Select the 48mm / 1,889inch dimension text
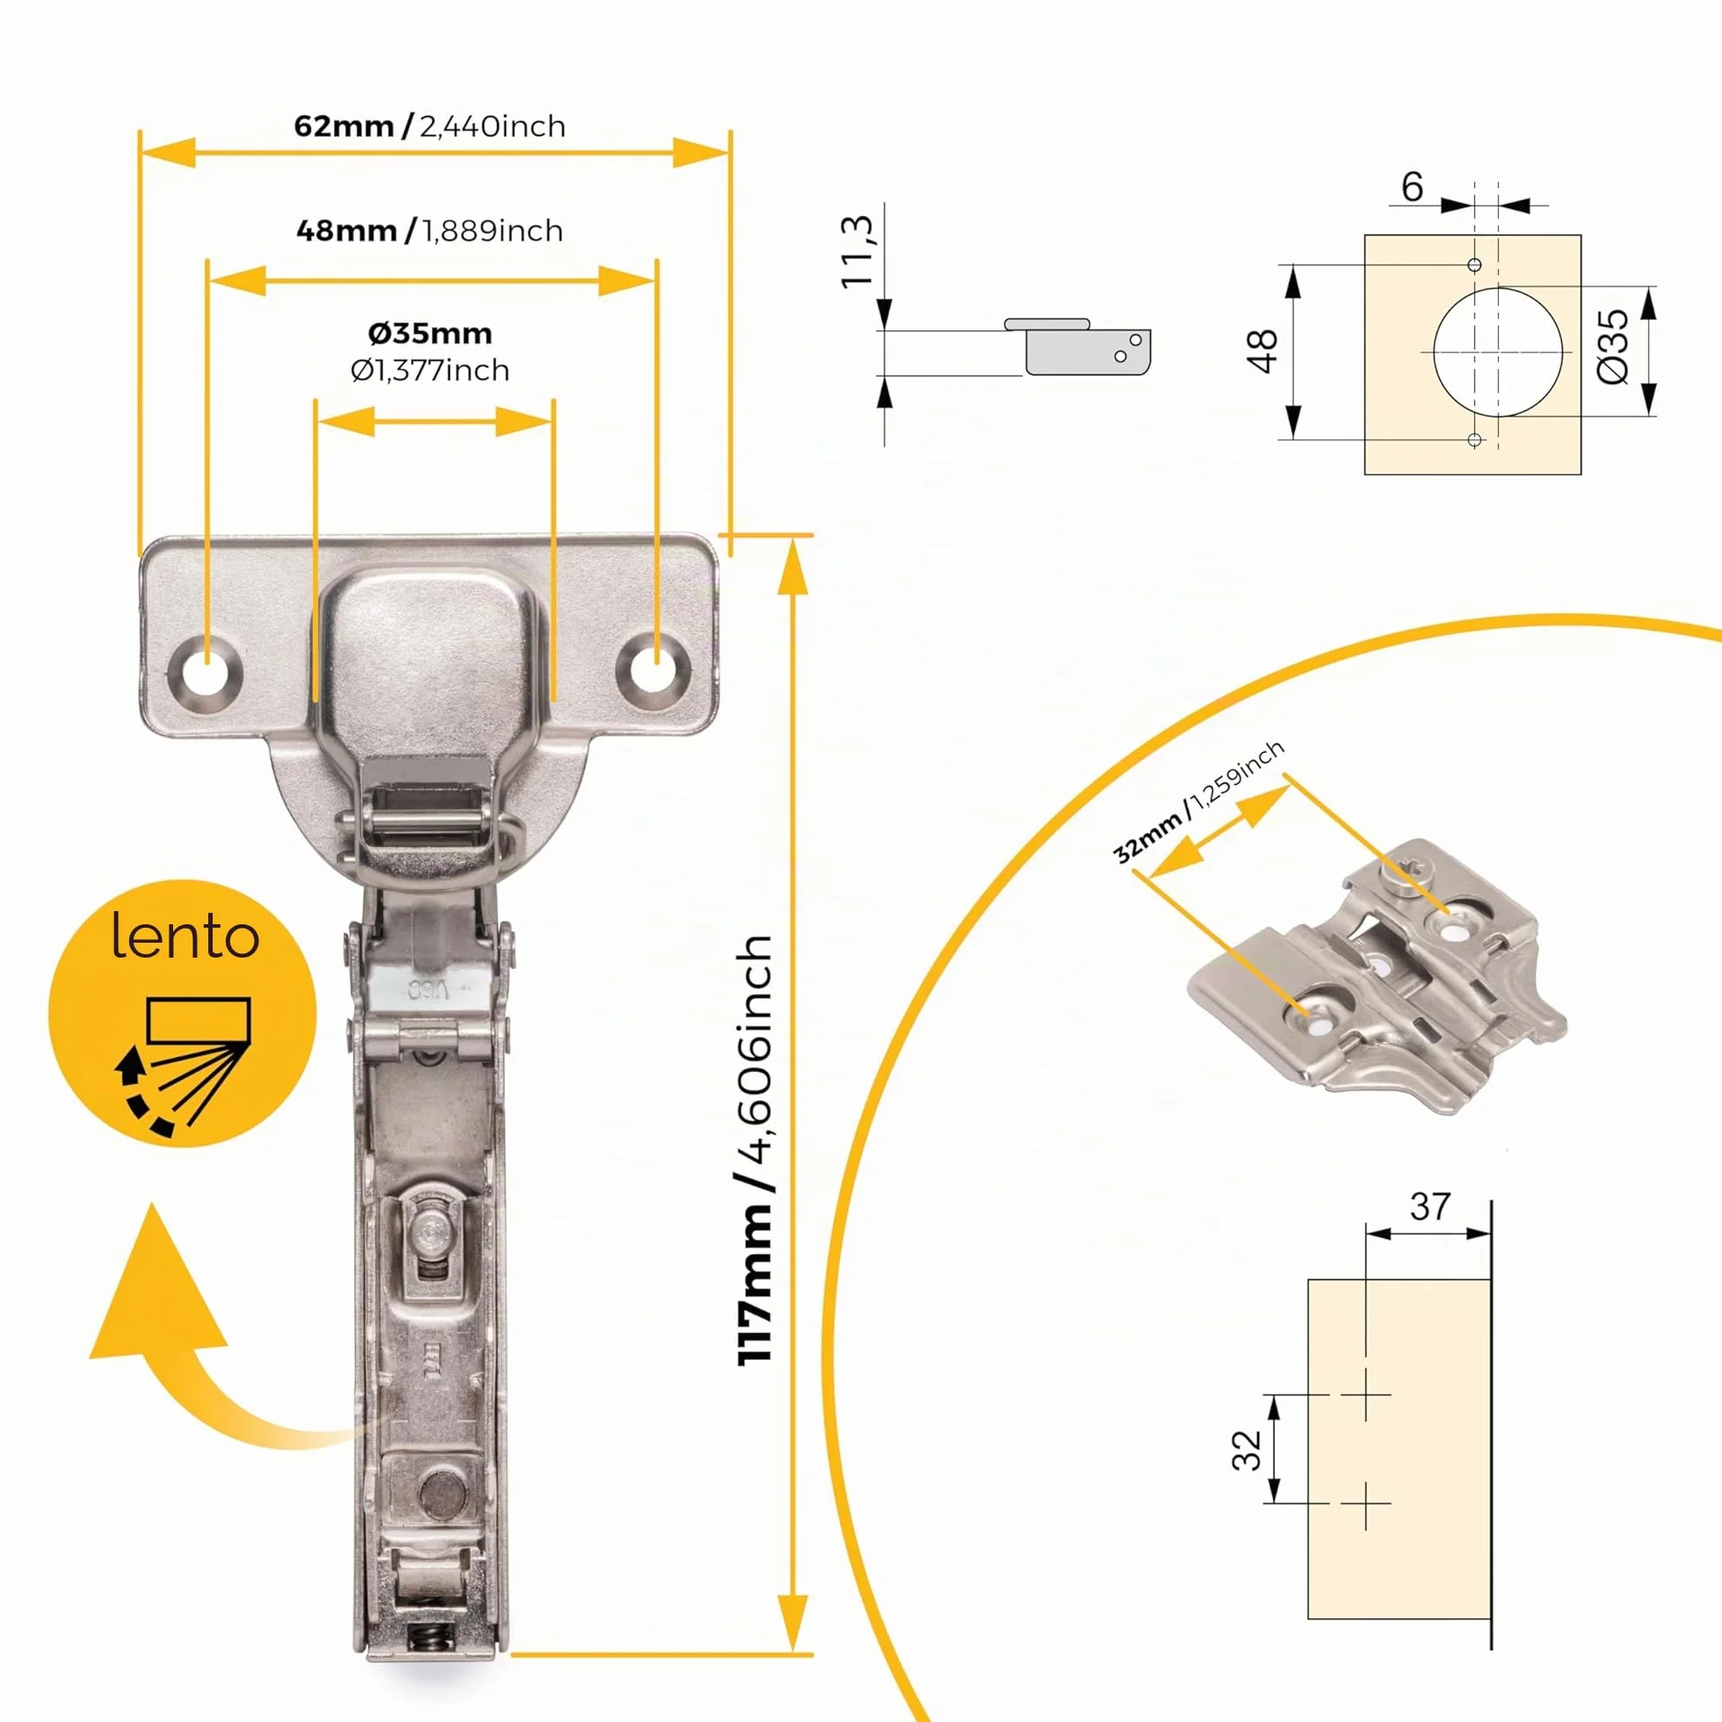pyautogui.click(x=430, y=230)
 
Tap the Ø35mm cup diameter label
pyautogui.click(x=430, y=332)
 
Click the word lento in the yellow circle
pyautogui.click(x=185, y=936)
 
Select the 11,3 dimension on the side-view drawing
pyautogui.click(x=857, y=250)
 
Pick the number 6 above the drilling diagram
pyautogui.click(x=1413, y=186)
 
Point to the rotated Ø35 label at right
pyautogui.click(x=1613, y=347)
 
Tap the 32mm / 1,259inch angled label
pyautogui.click(x=1198, y=801)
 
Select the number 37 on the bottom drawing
pyautogui.click(x=1430, y=1207)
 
